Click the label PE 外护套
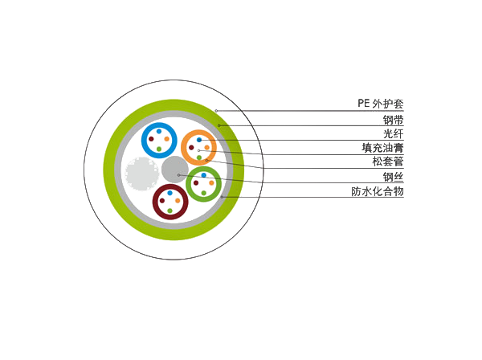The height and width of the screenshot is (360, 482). pos(380,104)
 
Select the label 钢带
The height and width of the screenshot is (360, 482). pos(393,120)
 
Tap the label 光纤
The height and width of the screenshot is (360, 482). pos(393,134)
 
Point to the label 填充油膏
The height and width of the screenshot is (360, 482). pos(382,148)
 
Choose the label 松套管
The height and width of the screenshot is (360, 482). pos(388,162)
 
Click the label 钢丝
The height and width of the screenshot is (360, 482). pos(393,177)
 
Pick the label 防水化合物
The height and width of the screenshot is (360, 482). pos(378,191)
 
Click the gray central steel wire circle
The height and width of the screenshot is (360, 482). pos(175,170)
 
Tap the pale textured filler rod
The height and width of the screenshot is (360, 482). pos(142,174)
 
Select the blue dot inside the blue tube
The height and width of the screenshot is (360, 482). pos(159,131)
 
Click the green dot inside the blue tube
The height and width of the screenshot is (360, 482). pos(159,149)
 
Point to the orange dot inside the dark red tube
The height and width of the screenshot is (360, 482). pos(178,201)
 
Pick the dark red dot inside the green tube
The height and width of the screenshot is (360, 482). pos(196,183)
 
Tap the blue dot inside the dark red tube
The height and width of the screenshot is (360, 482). pos(170,193)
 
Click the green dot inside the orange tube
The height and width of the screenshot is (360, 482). pos(199,157)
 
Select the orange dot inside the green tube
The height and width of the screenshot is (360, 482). pos(211,183)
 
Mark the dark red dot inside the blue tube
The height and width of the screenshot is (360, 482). pos(151,139)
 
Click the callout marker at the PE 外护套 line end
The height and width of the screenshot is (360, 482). pos(216,111)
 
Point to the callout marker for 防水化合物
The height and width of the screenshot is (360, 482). pos(222,197)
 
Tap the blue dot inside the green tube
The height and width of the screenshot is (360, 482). pos(203,175)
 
